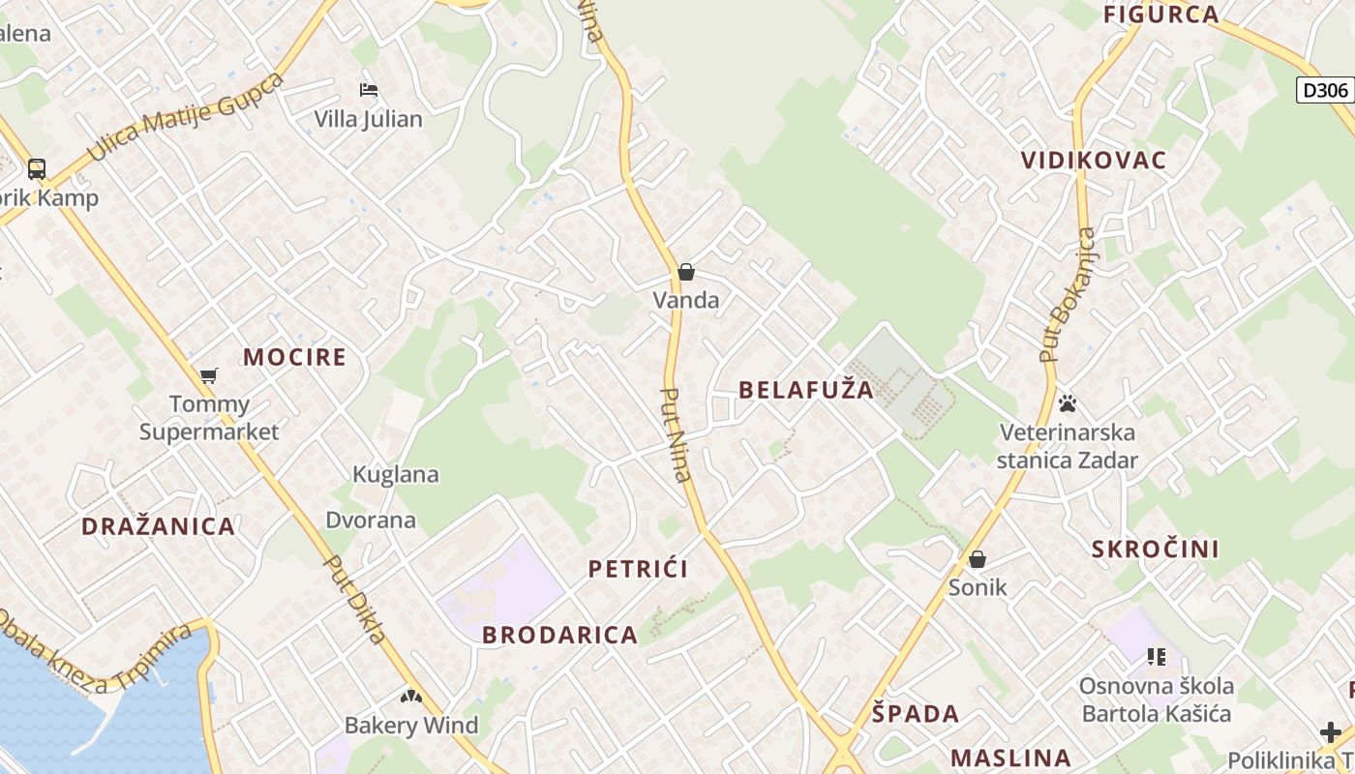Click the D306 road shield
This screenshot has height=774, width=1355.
point(1325,91)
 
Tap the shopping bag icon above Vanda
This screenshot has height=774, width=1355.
point(686,272)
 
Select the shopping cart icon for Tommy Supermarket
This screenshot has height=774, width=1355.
point(208,375)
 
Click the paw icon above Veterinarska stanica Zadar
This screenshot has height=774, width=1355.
point(1068,402)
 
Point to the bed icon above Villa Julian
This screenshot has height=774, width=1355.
point(368,90)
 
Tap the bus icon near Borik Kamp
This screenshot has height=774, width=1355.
point(36,169)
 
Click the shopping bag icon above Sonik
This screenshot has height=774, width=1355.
point(978,559)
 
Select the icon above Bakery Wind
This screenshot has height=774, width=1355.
point(411,696)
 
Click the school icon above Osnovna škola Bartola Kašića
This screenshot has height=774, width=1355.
point(1157,657)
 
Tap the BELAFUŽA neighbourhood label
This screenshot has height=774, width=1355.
point(806,390)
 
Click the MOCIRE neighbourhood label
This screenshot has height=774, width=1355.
point(294,357)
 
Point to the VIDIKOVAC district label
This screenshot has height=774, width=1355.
point(1094,161)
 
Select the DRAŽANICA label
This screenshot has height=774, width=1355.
point(159,527)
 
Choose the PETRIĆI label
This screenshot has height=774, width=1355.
point(639,569)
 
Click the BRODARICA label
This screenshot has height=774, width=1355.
point(560,636)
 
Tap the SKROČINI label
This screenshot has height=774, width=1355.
point(1156,550)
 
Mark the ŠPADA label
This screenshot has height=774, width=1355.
point(916,714)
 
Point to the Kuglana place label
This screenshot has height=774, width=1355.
point(396,475)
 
